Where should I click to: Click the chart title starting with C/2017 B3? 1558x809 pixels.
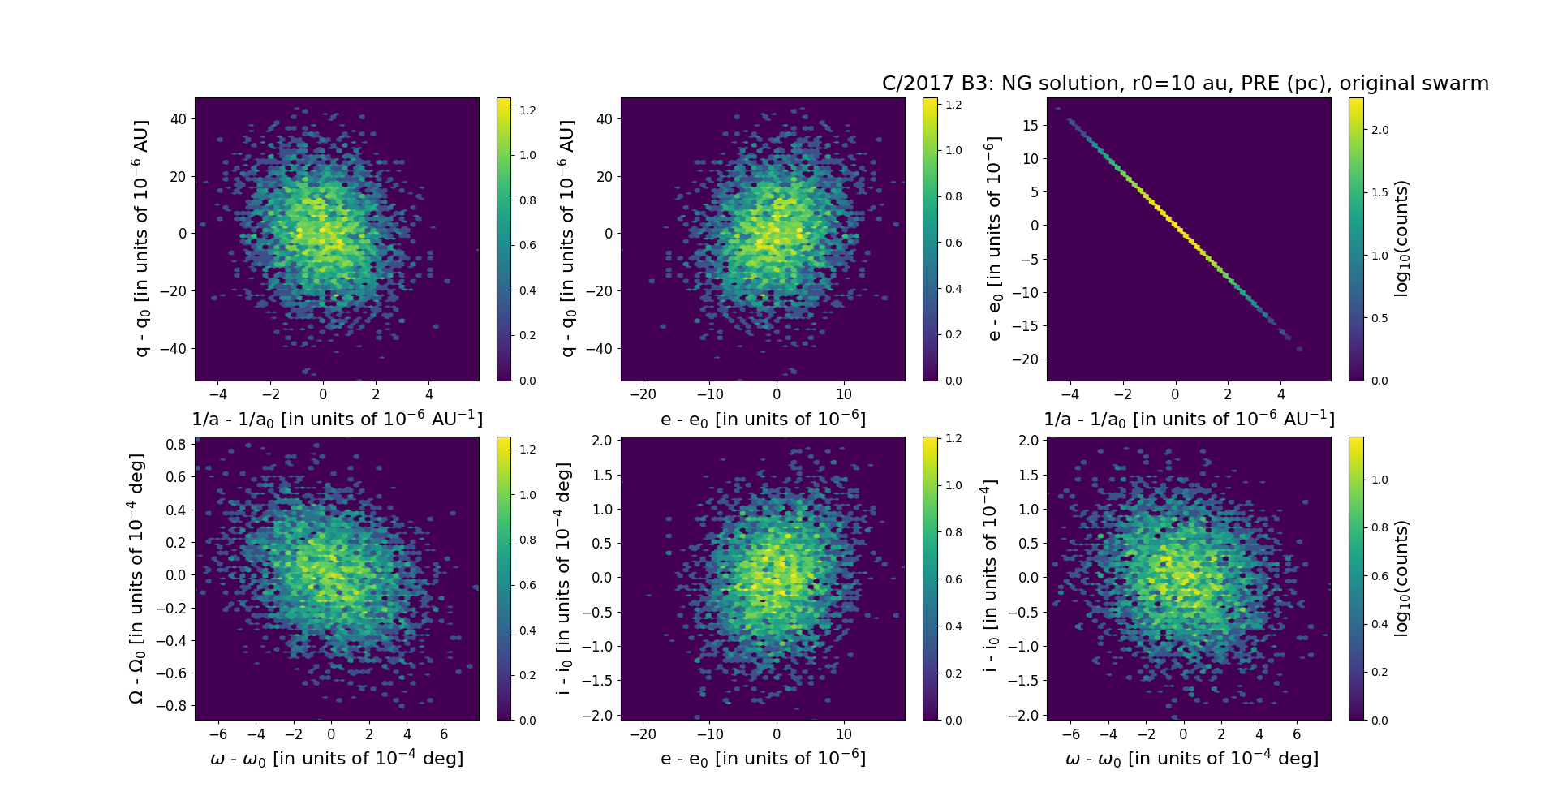(x=1185, y=84)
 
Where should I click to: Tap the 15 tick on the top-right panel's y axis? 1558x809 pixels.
(x=1031, y=125)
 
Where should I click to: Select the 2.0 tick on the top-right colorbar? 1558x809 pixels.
(x=1379, y=130)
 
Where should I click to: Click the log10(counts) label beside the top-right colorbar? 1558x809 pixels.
(x=1401, y=239)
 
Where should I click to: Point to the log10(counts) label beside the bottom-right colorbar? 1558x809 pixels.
(x=1401, y=578)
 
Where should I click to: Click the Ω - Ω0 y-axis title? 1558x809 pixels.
(x=136, y=578)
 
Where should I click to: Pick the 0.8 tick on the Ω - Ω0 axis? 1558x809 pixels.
(x=176, y=444)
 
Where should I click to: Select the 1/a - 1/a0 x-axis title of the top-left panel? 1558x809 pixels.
(x=337, y=419)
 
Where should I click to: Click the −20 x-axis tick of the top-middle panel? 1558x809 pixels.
(x=643, y=394)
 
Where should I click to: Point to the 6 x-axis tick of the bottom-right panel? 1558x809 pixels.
(x=1297, y=734)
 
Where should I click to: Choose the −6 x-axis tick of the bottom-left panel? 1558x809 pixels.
(x=217, y=734)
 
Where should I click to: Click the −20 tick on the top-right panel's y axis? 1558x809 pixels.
(x=1027, y=359)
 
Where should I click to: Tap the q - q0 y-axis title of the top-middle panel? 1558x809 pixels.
(x=567, y=239)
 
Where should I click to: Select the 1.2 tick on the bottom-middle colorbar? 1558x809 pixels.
(x=954, y=439)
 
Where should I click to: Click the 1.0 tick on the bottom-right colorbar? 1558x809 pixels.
(x=1379, y=480)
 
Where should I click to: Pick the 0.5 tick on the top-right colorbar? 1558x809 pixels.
(x=1379, y=318)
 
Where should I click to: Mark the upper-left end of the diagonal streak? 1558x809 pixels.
(x=1070, y=121)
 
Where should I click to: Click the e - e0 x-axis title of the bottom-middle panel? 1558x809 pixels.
(x=763, y=758)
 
